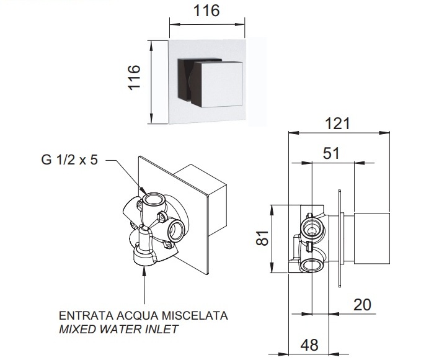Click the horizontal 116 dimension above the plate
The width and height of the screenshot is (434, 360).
pyautogui.click(x=206, y=11)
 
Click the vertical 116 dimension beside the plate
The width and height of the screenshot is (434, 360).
pyautogui.click(x=134, y=78)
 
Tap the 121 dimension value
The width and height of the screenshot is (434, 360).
pyautogui.click(x=337, y=124)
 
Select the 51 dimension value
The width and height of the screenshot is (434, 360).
pyautogui.click(x=331, y=153)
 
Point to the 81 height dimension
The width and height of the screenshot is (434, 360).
pyautogui.click(x=262, y=238)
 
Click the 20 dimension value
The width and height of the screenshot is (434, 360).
pyautogui.click(x=362, y=305)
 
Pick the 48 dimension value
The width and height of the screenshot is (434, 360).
pyautogui.click(x=309, y=345)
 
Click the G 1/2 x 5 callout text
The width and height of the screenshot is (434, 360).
pyautogui.click(x=69, y=160)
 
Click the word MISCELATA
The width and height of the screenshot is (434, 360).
pyautogui.click(x=195, y=316)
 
